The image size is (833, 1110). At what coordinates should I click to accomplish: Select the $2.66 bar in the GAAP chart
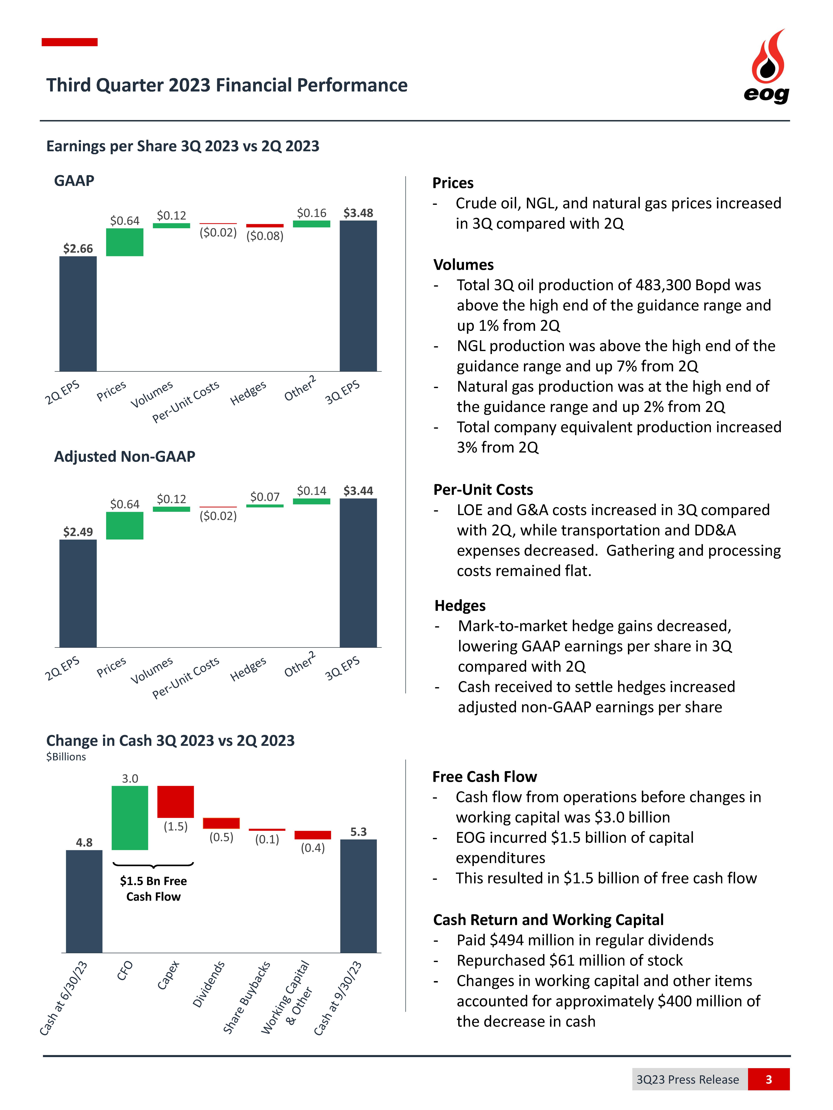pos(78,314)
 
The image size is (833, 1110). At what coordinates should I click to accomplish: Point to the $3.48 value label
pos(358,213)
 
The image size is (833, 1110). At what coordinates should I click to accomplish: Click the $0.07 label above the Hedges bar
pos(265,497)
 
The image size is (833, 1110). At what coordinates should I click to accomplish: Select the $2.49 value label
pos(78,532)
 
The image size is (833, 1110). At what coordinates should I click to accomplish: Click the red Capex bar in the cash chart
pos(175,801)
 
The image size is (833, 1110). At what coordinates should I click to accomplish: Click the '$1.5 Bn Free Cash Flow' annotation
pos(153,889)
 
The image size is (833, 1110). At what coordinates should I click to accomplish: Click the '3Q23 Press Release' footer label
pos(687,1079)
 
